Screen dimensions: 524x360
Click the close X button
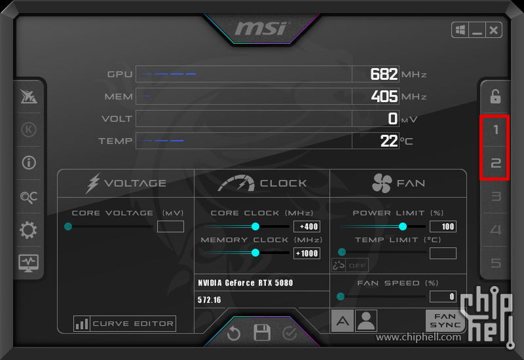[494, 30]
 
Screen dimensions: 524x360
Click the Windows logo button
[460, 30]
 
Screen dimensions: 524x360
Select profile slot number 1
[495, 130]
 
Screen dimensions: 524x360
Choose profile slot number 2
[495, 163]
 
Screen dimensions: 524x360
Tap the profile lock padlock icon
[495, 96]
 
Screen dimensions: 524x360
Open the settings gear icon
[28, 230]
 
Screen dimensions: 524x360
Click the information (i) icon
[29, 163]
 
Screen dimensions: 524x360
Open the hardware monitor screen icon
[28, 263]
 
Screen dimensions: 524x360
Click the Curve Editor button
[124, 323]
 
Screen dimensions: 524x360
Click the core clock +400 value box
[307, 226]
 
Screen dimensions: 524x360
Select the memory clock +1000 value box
[307, 253]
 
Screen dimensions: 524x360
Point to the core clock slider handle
[255, 226]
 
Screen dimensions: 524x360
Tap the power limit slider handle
[403, 226]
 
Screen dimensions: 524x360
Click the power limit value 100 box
[443, 226]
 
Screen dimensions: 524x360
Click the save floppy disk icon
[261, 333]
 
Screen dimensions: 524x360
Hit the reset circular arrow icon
[234, 333]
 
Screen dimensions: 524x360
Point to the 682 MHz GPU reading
[384, 74]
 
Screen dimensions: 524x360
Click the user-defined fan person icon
[366, 321]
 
